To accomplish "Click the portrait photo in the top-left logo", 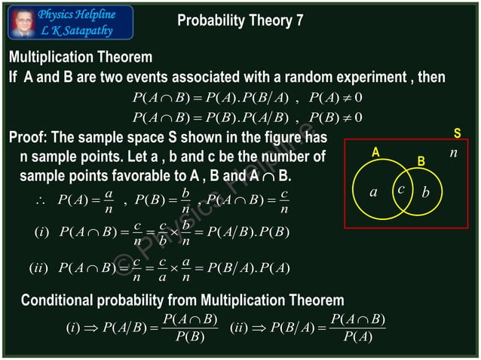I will tap(22, 23).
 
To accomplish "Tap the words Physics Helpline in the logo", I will tap(77, 14).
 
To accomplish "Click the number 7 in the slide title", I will tap(299, 21).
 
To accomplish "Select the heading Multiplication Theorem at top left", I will tap(80, 57).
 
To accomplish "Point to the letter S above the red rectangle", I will tap(457, 133).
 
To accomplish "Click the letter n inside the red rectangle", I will tap(453, 152).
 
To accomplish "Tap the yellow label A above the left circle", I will tap(375, 153).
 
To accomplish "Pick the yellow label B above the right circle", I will tap(421, 162).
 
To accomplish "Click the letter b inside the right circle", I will tap(426, 193).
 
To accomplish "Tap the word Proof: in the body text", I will tap(29, 138).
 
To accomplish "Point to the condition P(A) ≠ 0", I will tap(336, 97).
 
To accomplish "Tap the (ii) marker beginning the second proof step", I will tap(38, 268).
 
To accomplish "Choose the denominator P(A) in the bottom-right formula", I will tap(357, 337).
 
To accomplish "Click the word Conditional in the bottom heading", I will tap(57, 301).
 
